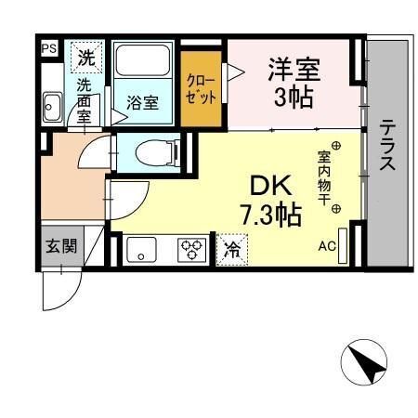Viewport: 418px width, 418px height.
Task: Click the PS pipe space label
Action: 49,48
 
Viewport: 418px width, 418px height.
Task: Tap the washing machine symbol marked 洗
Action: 86,58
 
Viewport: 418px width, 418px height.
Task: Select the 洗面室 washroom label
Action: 84,100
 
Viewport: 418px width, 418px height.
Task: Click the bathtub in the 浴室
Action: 143,60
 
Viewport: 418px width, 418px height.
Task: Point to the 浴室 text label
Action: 143,103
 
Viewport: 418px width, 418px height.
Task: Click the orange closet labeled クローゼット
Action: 202,89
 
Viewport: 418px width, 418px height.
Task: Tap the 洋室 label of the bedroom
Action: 294,70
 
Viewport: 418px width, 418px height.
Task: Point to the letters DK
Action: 271,185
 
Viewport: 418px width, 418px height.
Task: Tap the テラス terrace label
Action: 387,145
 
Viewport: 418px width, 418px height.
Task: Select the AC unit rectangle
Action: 343,246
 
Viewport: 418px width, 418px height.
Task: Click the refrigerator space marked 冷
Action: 232,250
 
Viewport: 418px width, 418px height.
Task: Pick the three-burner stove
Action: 191,250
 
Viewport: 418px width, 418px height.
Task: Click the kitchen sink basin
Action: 141,250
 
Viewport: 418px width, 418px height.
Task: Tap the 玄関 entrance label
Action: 61,246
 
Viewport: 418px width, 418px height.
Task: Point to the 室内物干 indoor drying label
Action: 323,178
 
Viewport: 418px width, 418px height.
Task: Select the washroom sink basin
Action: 52,107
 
